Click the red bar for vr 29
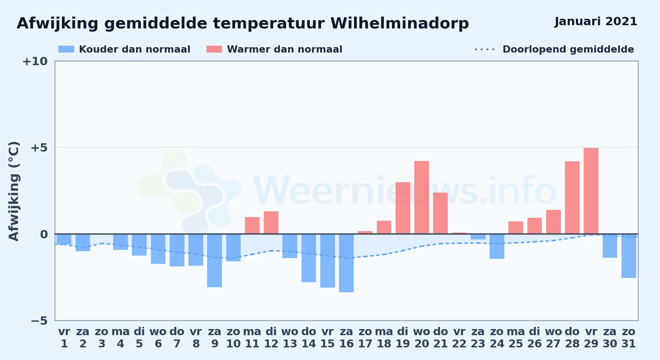[x=591, y=191]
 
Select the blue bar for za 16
[x=346, y=263]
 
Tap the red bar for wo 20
[x=422, y=197]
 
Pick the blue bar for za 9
[x=214, y=261]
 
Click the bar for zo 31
[x=629, y=256]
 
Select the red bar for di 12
[x=271, y=222]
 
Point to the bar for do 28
[x=572, y=198]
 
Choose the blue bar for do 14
[x=309, y=258]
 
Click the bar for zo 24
[x=497, y=246]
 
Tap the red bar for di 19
[x=403, y=208]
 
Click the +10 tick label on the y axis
[x=35, y=61]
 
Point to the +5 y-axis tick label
[x=39, y=148]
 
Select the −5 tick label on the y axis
[x=39, y=320]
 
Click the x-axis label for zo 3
[x=102, y=338]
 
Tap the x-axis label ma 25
[x=516, y=338]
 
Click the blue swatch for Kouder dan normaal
[x=66, y=49]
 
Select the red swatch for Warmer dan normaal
[x=214, y=49]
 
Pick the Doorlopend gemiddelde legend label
[x=568, y=49]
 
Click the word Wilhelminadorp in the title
[x=400, y=24]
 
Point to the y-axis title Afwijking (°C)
[x=14, y=191]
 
